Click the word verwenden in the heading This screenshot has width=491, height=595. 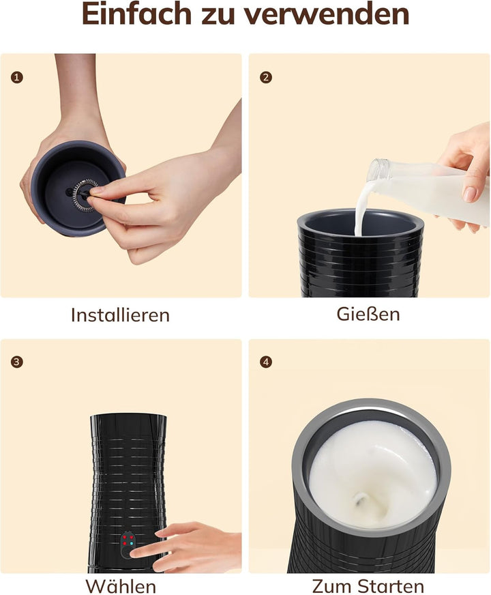[327, 14]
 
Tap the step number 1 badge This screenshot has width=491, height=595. [16, 77]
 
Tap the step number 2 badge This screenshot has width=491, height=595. [266, 77]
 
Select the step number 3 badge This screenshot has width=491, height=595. [16, 362]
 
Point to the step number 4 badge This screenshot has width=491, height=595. [266, 362]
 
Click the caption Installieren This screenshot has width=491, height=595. [120, 315]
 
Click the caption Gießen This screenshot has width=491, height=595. [368, 314]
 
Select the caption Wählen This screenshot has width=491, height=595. [121, 585]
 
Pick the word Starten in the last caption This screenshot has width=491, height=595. [391, 585]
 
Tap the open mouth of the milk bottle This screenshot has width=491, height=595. [377, 170]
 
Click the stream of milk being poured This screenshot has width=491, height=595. [360, 208]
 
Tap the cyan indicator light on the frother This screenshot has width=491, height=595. [131, 543]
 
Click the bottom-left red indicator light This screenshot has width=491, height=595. [124, 543]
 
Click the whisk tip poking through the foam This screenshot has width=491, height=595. [359, 498]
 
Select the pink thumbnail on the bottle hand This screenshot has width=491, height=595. [470, 194]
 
